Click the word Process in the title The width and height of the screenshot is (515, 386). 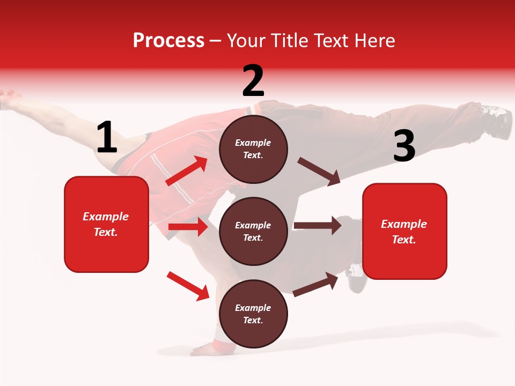pos(168,41)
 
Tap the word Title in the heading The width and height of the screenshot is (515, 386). pos(288,41)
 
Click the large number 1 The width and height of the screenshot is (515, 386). pos(107,137)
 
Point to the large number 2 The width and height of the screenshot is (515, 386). pos(253,81)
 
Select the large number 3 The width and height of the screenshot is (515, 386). pos(404,146)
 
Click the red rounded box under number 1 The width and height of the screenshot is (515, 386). pos(106,224)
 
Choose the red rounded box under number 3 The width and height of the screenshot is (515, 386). pos(404,232)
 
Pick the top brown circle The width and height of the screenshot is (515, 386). pos(253,149)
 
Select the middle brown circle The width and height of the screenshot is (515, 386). pos(253,231)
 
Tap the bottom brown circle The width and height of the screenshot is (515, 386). pos(253,314)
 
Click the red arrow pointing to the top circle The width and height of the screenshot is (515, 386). pos(186,171)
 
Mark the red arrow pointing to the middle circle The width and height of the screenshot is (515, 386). pos(188,227)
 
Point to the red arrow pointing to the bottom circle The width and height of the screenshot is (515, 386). pos(188,286)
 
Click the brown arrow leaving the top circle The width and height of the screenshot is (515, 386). pos(319,172)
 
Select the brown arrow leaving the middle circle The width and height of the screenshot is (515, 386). pos(318,226)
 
